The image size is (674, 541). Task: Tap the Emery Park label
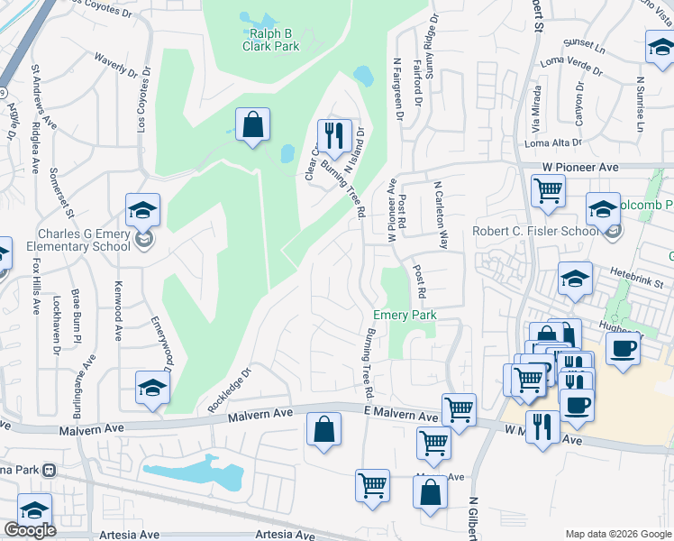405,315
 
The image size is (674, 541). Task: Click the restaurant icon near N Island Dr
334,135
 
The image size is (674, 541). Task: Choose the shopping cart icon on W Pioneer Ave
548,190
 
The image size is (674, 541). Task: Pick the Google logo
30,530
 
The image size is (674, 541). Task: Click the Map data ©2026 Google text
617,533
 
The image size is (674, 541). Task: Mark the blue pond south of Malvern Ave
194,472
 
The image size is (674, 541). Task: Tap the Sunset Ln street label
584,43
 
